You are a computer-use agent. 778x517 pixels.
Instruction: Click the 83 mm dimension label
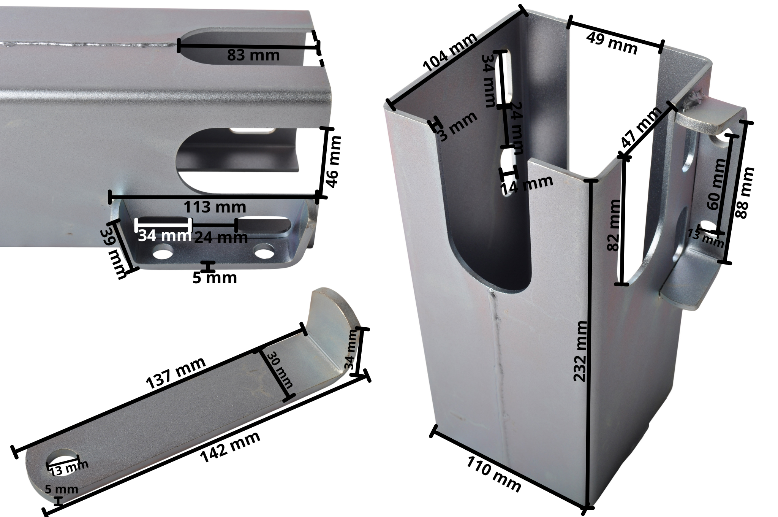(253, 56)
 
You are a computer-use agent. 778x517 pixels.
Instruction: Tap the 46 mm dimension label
(334, 162)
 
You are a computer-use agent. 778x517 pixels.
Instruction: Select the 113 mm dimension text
(215, 208)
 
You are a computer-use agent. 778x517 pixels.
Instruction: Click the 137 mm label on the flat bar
(176, 373)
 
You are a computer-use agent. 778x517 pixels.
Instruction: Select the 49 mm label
(612, 43)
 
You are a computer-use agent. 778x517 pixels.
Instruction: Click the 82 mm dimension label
(614, 225)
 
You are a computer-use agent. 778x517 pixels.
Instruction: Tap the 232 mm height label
(580, 351)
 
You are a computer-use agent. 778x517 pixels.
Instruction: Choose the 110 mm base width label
(494, 474)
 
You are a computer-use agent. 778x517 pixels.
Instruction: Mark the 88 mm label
(744, 193)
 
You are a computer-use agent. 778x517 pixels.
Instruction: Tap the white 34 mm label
(164, 236)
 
